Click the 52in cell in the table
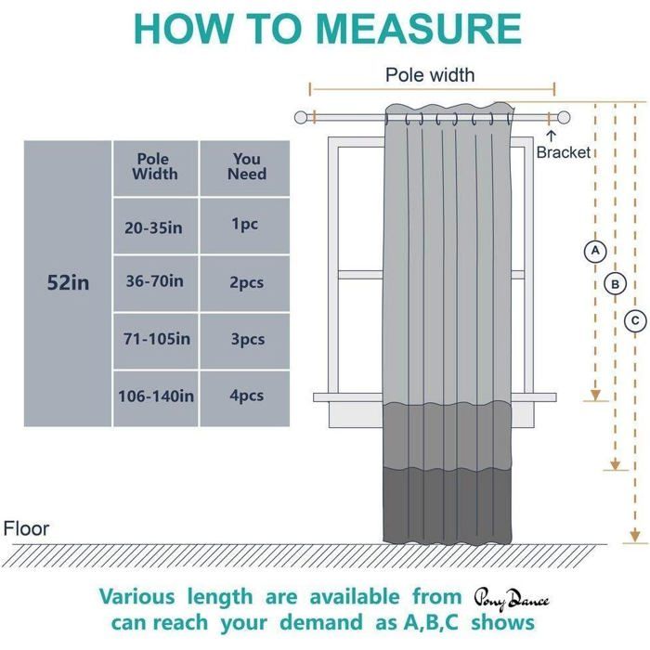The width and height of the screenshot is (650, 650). coord(68,283)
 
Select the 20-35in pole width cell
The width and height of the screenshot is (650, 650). coord(155,226)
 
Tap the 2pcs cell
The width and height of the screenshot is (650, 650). coord(244,283)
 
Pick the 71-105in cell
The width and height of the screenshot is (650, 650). coord(155,341)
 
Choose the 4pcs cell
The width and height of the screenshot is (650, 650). coord(244,398)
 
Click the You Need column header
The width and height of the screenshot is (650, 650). coord(244,168)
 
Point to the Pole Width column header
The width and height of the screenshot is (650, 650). coord(155,168)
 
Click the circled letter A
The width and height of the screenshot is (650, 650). coord(595,251)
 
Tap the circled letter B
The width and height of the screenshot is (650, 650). coord(615,284)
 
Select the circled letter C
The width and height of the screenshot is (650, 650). coord(635,321)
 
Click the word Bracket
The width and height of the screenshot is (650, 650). coord(563,152)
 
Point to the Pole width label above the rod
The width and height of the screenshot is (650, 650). coord(430,75)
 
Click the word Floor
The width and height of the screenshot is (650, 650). coord(26,528)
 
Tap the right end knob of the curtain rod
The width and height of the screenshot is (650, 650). coord(564,118)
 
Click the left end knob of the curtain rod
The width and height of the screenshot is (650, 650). coord(301,118)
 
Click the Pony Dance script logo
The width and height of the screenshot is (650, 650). coord(512,600)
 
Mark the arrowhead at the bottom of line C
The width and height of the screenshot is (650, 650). coord(634,536)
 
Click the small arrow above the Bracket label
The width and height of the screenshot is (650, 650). coord(551,136)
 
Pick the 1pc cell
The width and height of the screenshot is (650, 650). coord(244,226)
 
